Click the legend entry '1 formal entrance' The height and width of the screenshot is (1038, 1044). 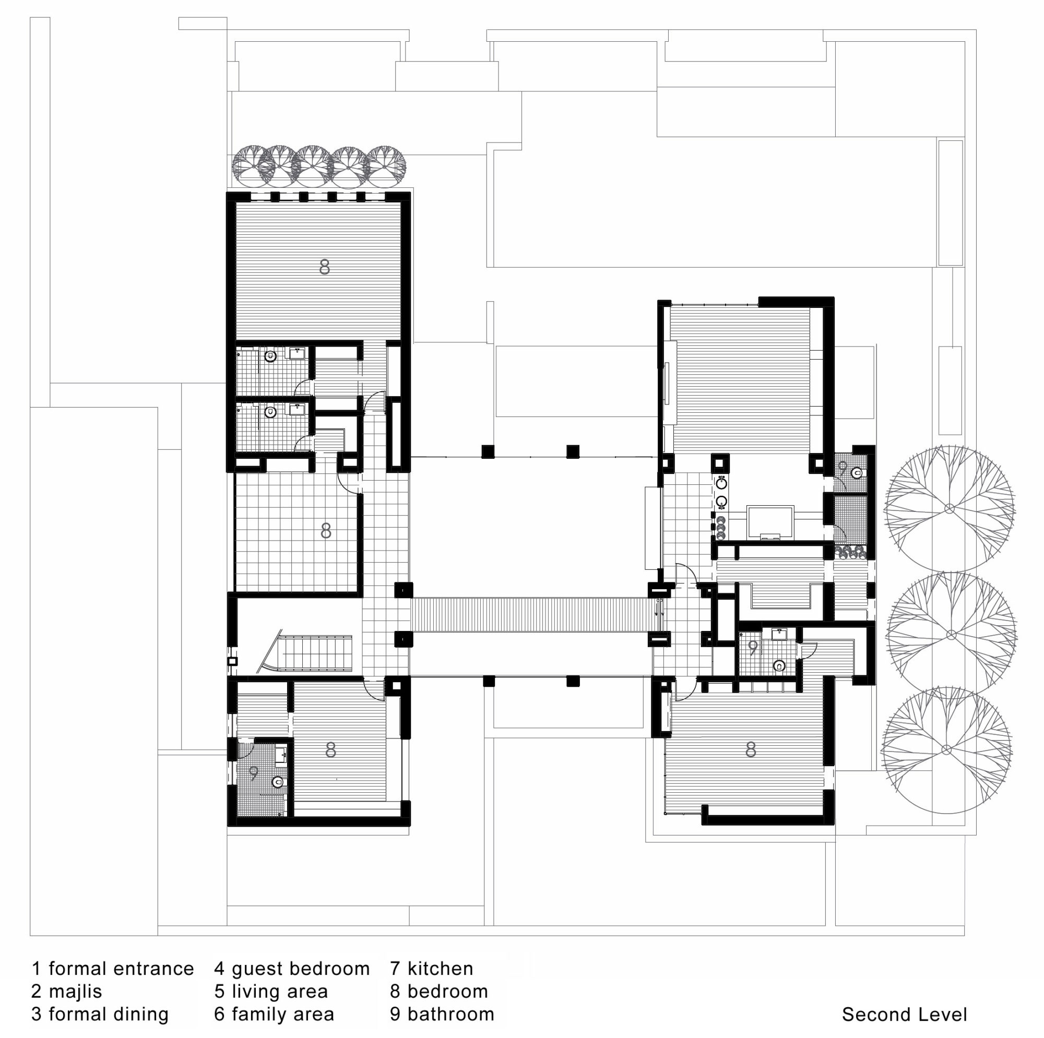click(112, 968)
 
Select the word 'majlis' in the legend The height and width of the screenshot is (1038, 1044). click(75, 992)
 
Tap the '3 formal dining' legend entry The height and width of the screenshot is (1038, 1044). click(100, 1014)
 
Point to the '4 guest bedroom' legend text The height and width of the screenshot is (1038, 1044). click(292, 968)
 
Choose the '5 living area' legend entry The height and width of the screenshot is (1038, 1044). click(271, 992)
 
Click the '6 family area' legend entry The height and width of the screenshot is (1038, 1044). click(274, 1014)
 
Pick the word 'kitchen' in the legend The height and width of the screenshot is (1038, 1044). click(441, 968)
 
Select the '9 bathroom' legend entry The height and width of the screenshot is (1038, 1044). click(442, 1014)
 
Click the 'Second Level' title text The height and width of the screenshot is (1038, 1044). click(905, 1015)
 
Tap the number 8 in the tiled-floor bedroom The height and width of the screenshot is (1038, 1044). click(326, 531)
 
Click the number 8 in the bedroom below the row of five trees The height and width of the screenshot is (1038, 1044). click(324, 266)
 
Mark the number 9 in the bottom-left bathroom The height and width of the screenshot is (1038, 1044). click(254, 773)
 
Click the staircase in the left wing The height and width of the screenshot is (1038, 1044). click(309, 653)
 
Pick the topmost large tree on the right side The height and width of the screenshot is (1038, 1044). click(949, 508)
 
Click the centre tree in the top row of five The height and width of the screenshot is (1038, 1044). click(312, 165)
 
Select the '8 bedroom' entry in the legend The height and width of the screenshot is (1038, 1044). click(439, 992)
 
